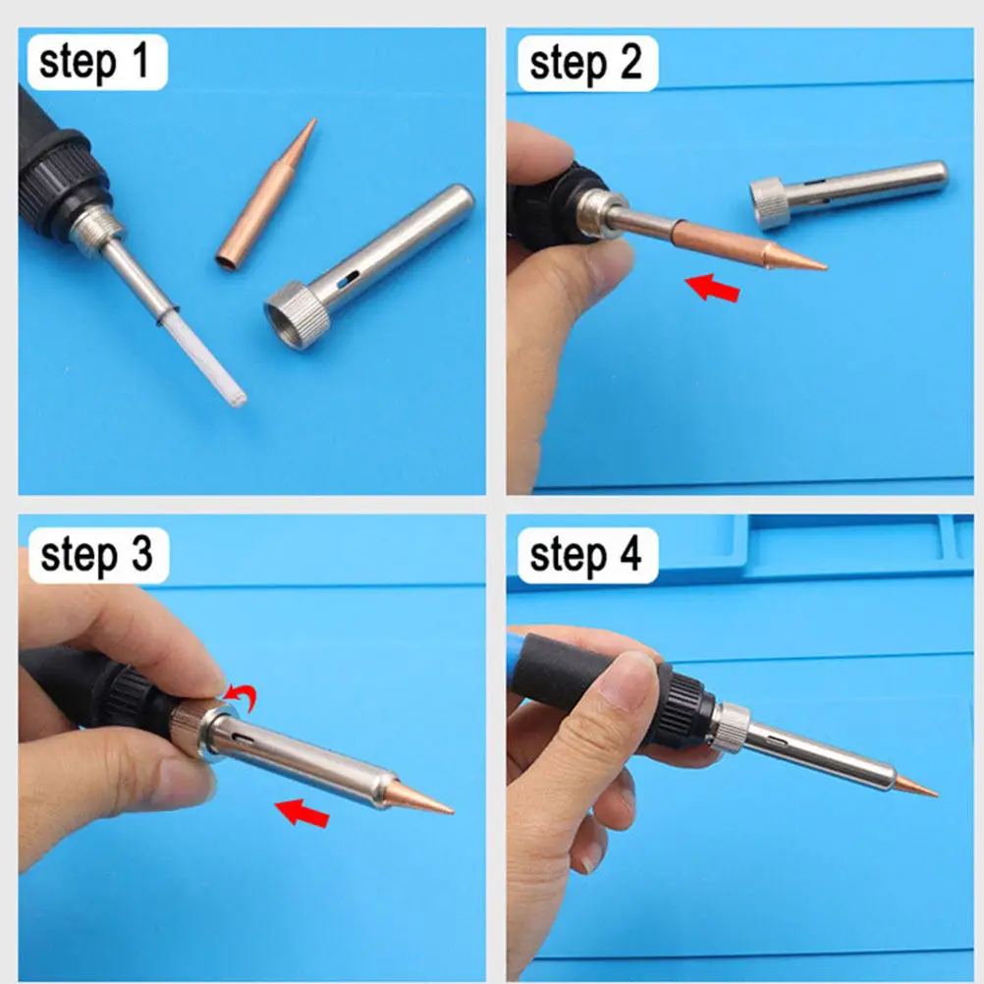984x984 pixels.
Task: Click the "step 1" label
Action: point(94,62)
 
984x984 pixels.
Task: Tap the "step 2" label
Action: point(586,64)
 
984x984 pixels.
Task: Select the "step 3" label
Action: point(96,556)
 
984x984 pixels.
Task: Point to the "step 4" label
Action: point(586,556)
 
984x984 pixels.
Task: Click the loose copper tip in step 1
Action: point(266,194)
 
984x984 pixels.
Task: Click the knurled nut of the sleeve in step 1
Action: point(299,315)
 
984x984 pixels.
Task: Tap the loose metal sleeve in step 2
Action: point(848,192)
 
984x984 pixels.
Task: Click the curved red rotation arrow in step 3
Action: point(242,696)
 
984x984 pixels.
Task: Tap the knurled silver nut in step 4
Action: point(731,728)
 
